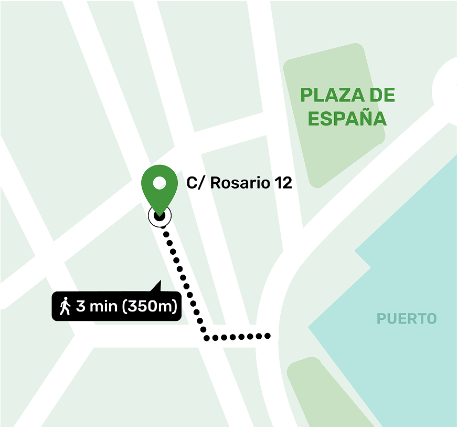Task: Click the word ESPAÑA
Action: coord(347,119)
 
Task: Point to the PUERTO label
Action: coord(407,318)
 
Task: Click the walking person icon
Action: coord(65,306)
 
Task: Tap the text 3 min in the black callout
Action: coord(97,306)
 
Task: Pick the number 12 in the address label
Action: coord(283,183)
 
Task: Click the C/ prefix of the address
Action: coord(195,183)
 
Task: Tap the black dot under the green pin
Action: coord(160,215)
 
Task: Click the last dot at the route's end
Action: coord(268,335)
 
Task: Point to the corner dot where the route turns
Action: coord(207,337)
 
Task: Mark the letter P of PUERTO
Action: coord(381,318)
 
